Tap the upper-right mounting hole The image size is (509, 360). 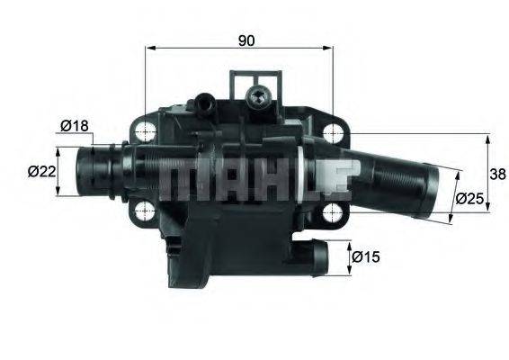[x=333, y=132]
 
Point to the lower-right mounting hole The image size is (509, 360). [x=333, y=212]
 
